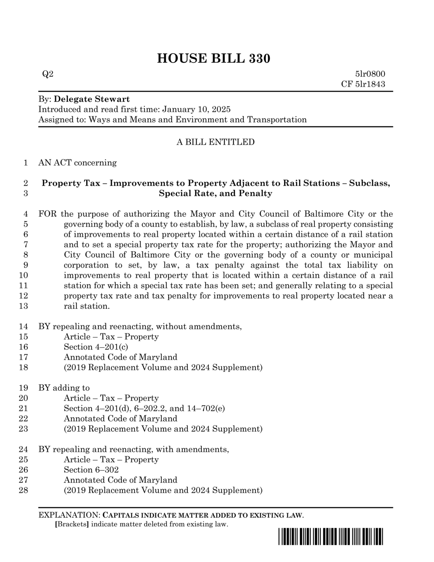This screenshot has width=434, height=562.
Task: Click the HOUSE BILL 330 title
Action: click(214, 58)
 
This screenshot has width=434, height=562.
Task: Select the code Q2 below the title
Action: click(48, 74)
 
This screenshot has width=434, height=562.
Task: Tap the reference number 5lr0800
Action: click(370, 74)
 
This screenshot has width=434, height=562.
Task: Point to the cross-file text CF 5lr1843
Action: click(363, 84)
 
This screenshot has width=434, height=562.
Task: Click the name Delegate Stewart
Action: click(92, 99)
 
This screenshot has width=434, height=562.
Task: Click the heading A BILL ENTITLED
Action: click(215, 142)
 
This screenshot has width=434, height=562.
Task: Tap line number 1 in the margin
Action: click(26, 163)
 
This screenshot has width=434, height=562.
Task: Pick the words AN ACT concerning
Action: click(78, 163)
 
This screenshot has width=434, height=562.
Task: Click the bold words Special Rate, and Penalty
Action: click(215, 194)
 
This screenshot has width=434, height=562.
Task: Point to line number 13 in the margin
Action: click(24, 306)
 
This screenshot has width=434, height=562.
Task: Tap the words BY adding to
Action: click(64, 388)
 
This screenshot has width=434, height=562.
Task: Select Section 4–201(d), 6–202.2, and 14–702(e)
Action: click(144, 408)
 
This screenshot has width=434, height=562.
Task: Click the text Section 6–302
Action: click(91, 470)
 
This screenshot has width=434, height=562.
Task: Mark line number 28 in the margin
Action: click(24, 490)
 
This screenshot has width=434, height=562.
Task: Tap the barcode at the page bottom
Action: click(331, 537)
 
